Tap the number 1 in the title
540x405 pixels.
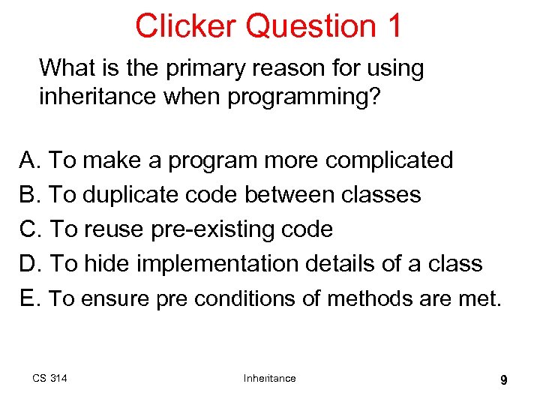click(x=394, y=25)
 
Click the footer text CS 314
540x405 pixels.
click(x=49, y=378)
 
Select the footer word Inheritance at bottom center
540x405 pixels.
click(x=269, y=378)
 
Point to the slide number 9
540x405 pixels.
click(x=503, y=380)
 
